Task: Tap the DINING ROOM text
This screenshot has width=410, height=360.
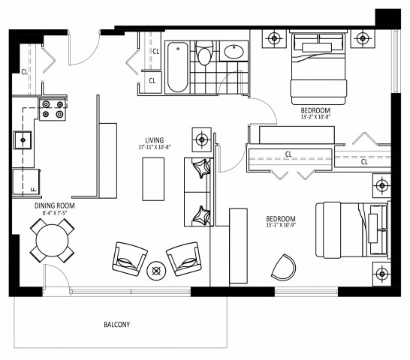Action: pos(56,205)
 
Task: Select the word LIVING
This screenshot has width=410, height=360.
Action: pos(155,139)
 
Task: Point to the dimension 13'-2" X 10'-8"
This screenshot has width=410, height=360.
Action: pos(316,117)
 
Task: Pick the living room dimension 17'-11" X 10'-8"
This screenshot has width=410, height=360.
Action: pos(155,148)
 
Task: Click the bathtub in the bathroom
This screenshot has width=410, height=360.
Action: pos(177,67)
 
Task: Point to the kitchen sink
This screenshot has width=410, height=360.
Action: pos(22,139)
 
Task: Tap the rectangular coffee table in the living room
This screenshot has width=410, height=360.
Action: pos(155,181)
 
